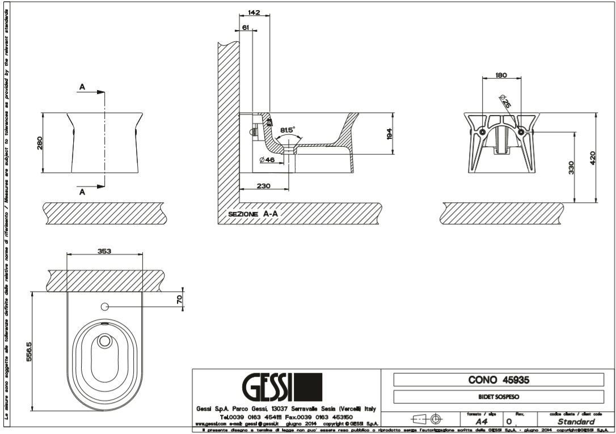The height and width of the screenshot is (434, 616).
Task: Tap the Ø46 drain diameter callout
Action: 267,160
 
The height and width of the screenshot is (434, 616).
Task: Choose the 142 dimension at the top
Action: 254,11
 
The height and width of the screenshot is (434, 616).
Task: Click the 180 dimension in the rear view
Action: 500,75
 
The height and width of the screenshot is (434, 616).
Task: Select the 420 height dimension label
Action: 592,156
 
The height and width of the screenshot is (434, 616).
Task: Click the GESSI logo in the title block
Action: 282,387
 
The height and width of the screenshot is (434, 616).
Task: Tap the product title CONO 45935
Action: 499,380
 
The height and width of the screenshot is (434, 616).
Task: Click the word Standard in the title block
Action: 575,422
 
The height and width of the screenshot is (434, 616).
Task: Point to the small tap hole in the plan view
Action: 104,307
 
